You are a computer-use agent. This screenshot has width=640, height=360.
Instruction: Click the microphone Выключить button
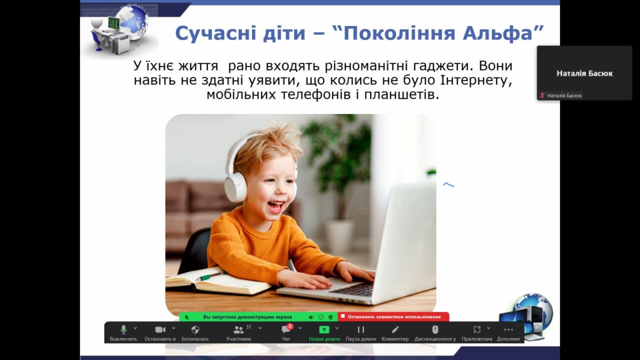click(123, 332)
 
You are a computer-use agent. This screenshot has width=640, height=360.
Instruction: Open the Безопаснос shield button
click(195, 332)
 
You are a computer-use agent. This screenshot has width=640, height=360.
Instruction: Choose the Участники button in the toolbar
click(238, 332)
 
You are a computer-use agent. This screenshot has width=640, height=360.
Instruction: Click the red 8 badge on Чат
click(290, 326)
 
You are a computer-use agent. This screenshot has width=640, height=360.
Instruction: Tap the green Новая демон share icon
click(324, 329)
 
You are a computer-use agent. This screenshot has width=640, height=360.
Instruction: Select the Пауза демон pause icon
click(361, 329)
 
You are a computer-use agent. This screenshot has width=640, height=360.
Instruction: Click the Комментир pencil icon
click(395, 329)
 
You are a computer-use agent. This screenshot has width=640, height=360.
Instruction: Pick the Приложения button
click(477, 332)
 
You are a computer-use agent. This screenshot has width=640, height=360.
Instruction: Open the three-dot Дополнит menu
click(508, 332)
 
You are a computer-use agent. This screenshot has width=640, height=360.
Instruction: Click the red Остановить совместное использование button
click(393, 316)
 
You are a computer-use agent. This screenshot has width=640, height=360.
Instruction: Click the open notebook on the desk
click(218, 281)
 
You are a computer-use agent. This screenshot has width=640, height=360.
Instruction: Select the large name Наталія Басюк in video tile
click(584, 73)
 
